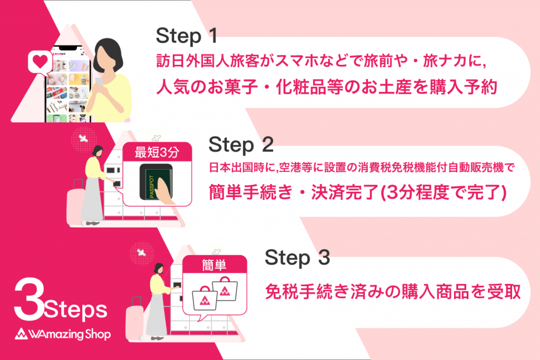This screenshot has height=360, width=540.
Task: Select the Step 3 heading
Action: point(297,258)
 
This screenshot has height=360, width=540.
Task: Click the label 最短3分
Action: point(157,153)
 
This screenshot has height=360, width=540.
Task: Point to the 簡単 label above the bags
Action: point(214,266)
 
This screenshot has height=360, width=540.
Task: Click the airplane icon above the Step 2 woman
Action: point(82,139)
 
